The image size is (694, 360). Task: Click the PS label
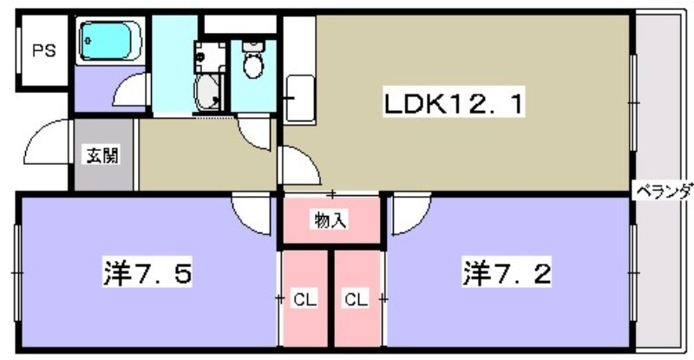(43, 51)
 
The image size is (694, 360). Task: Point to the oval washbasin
(209, 90)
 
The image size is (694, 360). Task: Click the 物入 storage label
(330, 221)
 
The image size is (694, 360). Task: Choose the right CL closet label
(357, 300)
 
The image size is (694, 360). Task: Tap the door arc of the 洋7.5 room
(253, 212)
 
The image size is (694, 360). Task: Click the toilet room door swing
(257, 131)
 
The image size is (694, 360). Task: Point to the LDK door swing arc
(295, 165)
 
